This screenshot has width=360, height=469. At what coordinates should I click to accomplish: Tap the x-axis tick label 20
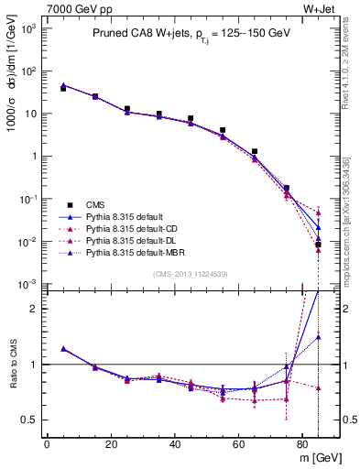click(x=110, y=446)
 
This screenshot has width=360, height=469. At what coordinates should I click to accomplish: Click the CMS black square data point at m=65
click(x=255, y=151)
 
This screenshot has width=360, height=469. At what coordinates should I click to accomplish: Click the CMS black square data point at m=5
click(x=63, y=89)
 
